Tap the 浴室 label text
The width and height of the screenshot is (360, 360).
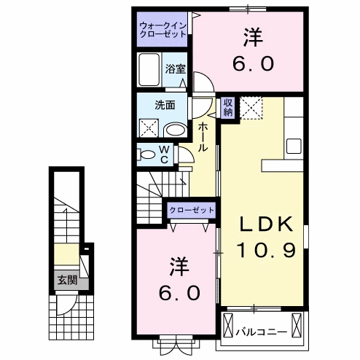tap(175, 70)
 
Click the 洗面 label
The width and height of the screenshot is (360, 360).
tap(164, 104)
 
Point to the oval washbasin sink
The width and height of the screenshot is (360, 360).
tap(175, 130)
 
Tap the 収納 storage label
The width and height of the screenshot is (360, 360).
tap(228, 107)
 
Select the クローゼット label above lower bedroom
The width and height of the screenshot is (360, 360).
tap(192, 210)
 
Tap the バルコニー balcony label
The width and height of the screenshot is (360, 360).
tap(260, 332)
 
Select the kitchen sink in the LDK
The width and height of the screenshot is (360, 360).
tap(294, 144)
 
